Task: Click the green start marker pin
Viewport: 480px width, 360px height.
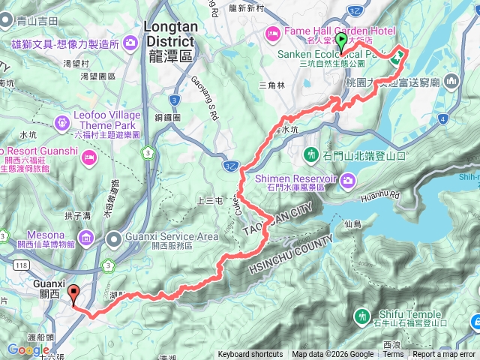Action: (x=342, y=42)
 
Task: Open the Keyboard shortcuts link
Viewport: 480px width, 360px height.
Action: (x=250, y=355)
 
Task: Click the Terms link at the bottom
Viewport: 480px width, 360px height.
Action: (x=393, y=355)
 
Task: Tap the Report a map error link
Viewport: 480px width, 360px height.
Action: (x=444, y=355)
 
